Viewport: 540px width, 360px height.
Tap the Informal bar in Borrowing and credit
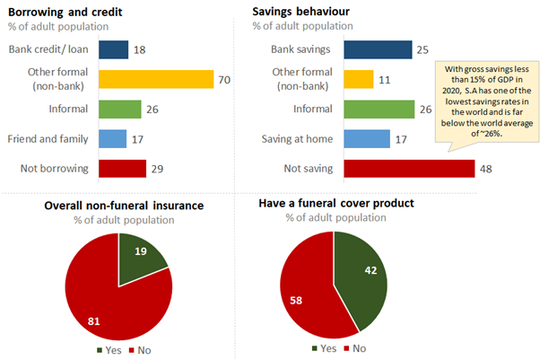119,110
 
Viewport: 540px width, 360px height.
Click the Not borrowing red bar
122,169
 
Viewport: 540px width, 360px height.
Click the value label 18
141,49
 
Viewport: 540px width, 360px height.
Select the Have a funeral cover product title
335,204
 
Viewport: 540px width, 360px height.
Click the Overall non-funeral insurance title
124,206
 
